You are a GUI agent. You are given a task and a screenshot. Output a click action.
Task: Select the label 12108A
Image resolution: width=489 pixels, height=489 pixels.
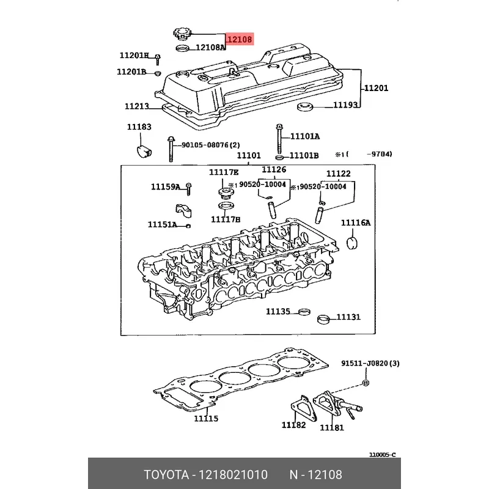click(x=211, y=48)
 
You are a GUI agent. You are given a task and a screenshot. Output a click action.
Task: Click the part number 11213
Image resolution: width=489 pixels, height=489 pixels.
click(x=137, y=106)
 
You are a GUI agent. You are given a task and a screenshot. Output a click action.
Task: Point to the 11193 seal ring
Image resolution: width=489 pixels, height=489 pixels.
click(x=304, y=109)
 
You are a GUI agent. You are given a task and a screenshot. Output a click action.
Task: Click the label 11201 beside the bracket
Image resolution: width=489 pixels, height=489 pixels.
click(x=376, y=89)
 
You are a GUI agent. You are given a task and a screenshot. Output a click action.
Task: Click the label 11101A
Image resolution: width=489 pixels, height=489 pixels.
click(x=304, y=136)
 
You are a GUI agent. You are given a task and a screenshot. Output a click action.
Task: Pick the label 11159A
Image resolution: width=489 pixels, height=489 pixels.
click(x=166, y=186)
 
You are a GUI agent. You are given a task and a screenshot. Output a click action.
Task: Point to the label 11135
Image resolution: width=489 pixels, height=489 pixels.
click(x=278, y=312)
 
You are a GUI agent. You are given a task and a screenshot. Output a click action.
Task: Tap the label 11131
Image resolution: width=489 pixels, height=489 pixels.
click(x=348, y=317)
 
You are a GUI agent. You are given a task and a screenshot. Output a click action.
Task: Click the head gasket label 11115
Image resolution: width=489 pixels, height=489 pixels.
click(x=206, y=418)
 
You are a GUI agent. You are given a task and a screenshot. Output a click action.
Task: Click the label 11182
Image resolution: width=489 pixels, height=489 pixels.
click(x=293, y=425)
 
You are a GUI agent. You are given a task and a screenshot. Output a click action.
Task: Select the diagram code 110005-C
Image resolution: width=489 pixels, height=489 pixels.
click(x=382, y=455)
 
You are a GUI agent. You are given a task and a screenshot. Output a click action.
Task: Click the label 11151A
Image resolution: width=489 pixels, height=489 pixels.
click(x=162, y=224)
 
